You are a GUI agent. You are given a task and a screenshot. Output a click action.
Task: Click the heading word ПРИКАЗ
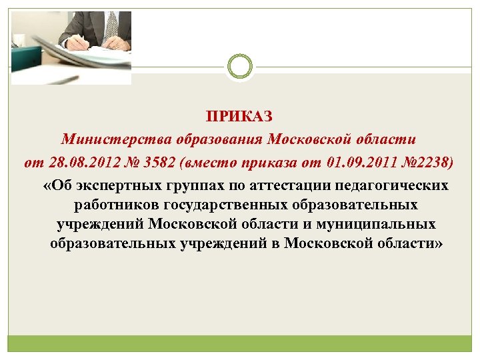(239, 118)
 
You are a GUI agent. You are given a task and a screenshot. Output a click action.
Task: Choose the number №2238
(427, 162)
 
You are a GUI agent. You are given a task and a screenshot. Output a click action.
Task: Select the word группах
(191, 185)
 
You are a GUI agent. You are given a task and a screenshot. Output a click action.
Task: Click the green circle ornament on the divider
(240, 67)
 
